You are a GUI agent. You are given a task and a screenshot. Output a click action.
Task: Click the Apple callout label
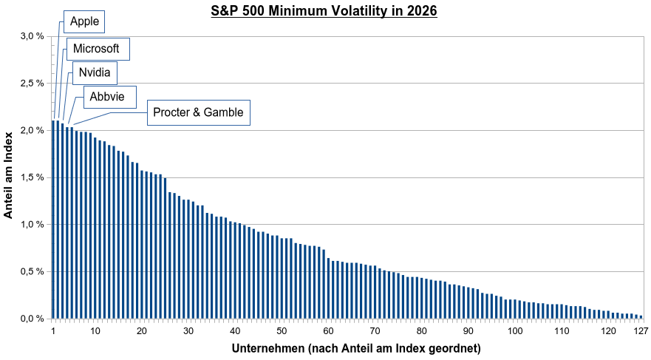coord(84,21)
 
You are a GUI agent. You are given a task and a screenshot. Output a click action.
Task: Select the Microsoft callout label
coord(98,49)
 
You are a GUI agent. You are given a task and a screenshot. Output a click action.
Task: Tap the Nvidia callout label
coord(95,72)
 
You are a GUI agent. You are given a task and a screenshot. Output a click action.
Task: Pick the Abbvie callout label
coord(110,97)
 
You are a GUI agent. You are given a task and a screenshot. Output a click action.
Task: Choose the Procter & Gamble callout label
coord(199,112)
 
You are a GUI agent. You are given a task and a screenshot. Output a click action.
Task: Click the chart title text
coord(324,11)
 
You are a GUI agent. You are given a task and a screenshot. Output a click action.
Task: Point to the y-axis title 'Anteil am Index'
coord(8,175)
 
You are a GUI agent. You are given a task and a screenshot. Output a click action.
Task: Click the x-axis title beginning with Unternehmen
coord(356,348)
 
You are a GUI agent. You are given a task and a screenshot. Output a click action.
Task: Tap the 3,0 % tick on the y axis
coord(32,36)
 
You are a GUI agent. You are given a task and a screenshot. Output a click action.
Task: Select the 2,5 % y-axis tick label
coord(32,84)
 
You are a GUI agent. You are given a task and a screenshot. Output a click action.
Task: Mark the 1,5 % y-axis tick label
coord(32,177)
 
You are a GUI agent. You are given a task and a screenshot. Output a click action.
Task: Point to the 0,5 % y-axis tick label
coord(32,272)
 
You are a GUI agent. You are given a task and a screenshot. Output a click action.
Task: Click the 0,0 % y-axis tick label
coord(32,319)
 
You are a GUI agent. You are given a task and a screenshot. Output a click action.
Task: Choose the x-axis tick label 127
coord(641,331)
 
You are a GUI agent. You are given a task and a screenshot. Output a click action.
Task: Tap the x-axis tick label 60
coord(328,331)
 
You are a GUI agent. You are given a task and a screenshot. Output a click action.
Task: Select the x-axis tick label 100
coord(515,331)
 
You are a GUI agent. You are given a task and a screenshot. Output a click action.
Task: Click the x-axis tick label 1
coord(53,331)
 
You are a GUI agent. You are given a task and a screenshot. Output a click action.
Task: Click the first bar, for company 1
coord(53,220)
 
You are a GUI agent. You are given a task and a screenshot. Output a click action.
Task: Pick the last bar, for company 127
coord(641,317)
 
